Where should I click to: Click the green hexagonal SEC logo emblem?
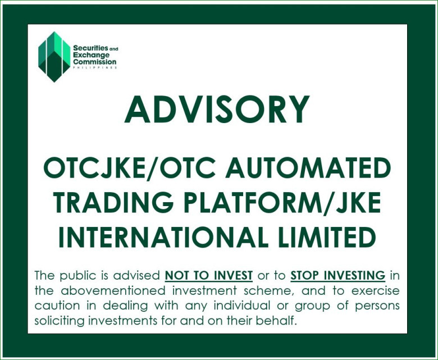(54, 57)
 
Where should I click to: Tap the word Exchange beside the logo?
(92, 55)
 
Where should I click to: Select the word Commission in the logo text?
(95, 62)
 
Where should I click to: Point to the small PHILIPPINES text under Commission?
(95, 67)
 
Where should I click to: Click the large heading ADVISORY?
(217, 109)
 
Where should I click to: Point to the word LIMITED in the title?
(326, 236)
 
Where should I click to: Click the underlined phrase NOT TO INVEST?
(209, 276)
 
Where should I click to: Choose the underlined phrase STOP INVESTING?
(337, 276)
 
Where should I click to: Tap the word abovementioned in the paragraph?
(113, 291)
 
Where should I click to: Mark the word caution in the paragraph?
(57, 306)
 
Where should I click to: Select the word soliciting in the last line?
(59, 321)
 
